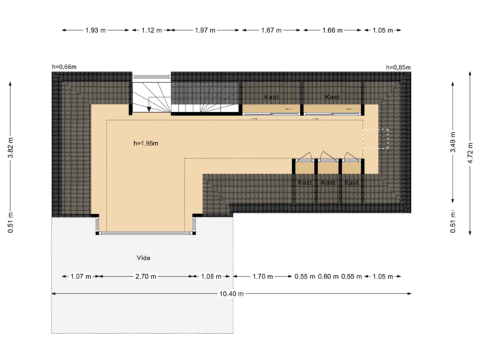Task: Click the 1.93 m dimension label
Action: (95, 30)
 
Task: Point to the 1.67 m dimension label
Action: (271, 30)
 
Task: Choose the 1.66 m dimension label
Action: (332, 30)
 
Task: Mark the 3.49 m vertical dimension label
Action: (453, 145)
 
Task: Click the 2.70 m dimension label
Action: (146, 276)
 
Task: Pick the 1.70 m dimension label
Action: (262, 276)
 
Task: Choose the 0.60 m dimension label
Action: (328, 276)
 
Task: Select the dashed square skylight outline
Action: (375, 138)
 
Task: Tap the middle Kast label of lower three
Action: (327, 183)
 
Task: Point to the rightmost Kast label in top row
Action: (332, 97)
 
